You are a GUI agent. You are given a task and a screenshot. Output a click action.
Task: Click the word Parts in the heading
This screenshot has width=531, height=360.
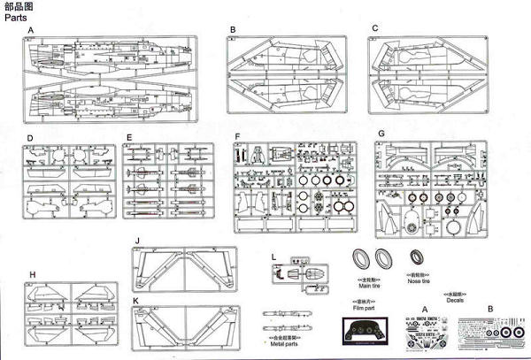coord(15,17)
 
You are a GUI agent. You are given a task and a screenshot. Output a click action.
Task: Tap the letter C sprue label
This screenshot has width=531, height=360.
coord(375,28)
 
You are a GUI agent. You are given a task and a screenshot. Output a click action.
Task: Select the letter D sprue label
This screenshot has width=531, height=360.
coord(30,138)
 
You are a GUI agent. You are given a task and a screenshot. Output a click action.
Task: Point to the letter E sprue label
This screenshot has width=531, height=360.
coord(129,138)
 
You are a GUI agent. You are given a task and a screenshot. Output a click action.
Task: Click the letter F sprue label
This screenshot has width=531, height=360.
coord(238,137)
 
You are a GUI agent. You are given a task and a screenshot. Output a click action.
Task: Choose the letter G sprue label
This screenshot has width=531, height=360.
coord(381,134)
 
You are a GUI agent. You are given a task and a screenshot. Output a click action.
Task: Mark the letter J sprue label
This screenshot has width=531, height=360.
coord(137,241)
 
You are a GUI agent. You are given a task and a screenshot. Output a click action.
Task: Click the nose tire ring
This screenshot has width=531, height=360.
coord(416,258)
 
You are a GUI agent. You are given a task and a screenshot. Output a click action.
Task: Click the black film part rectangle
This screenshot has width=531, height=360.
coord(364,333)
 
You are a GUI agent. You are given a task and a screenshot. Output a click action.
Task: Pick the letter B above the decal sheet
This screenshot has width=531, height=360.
coord(490,308)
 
